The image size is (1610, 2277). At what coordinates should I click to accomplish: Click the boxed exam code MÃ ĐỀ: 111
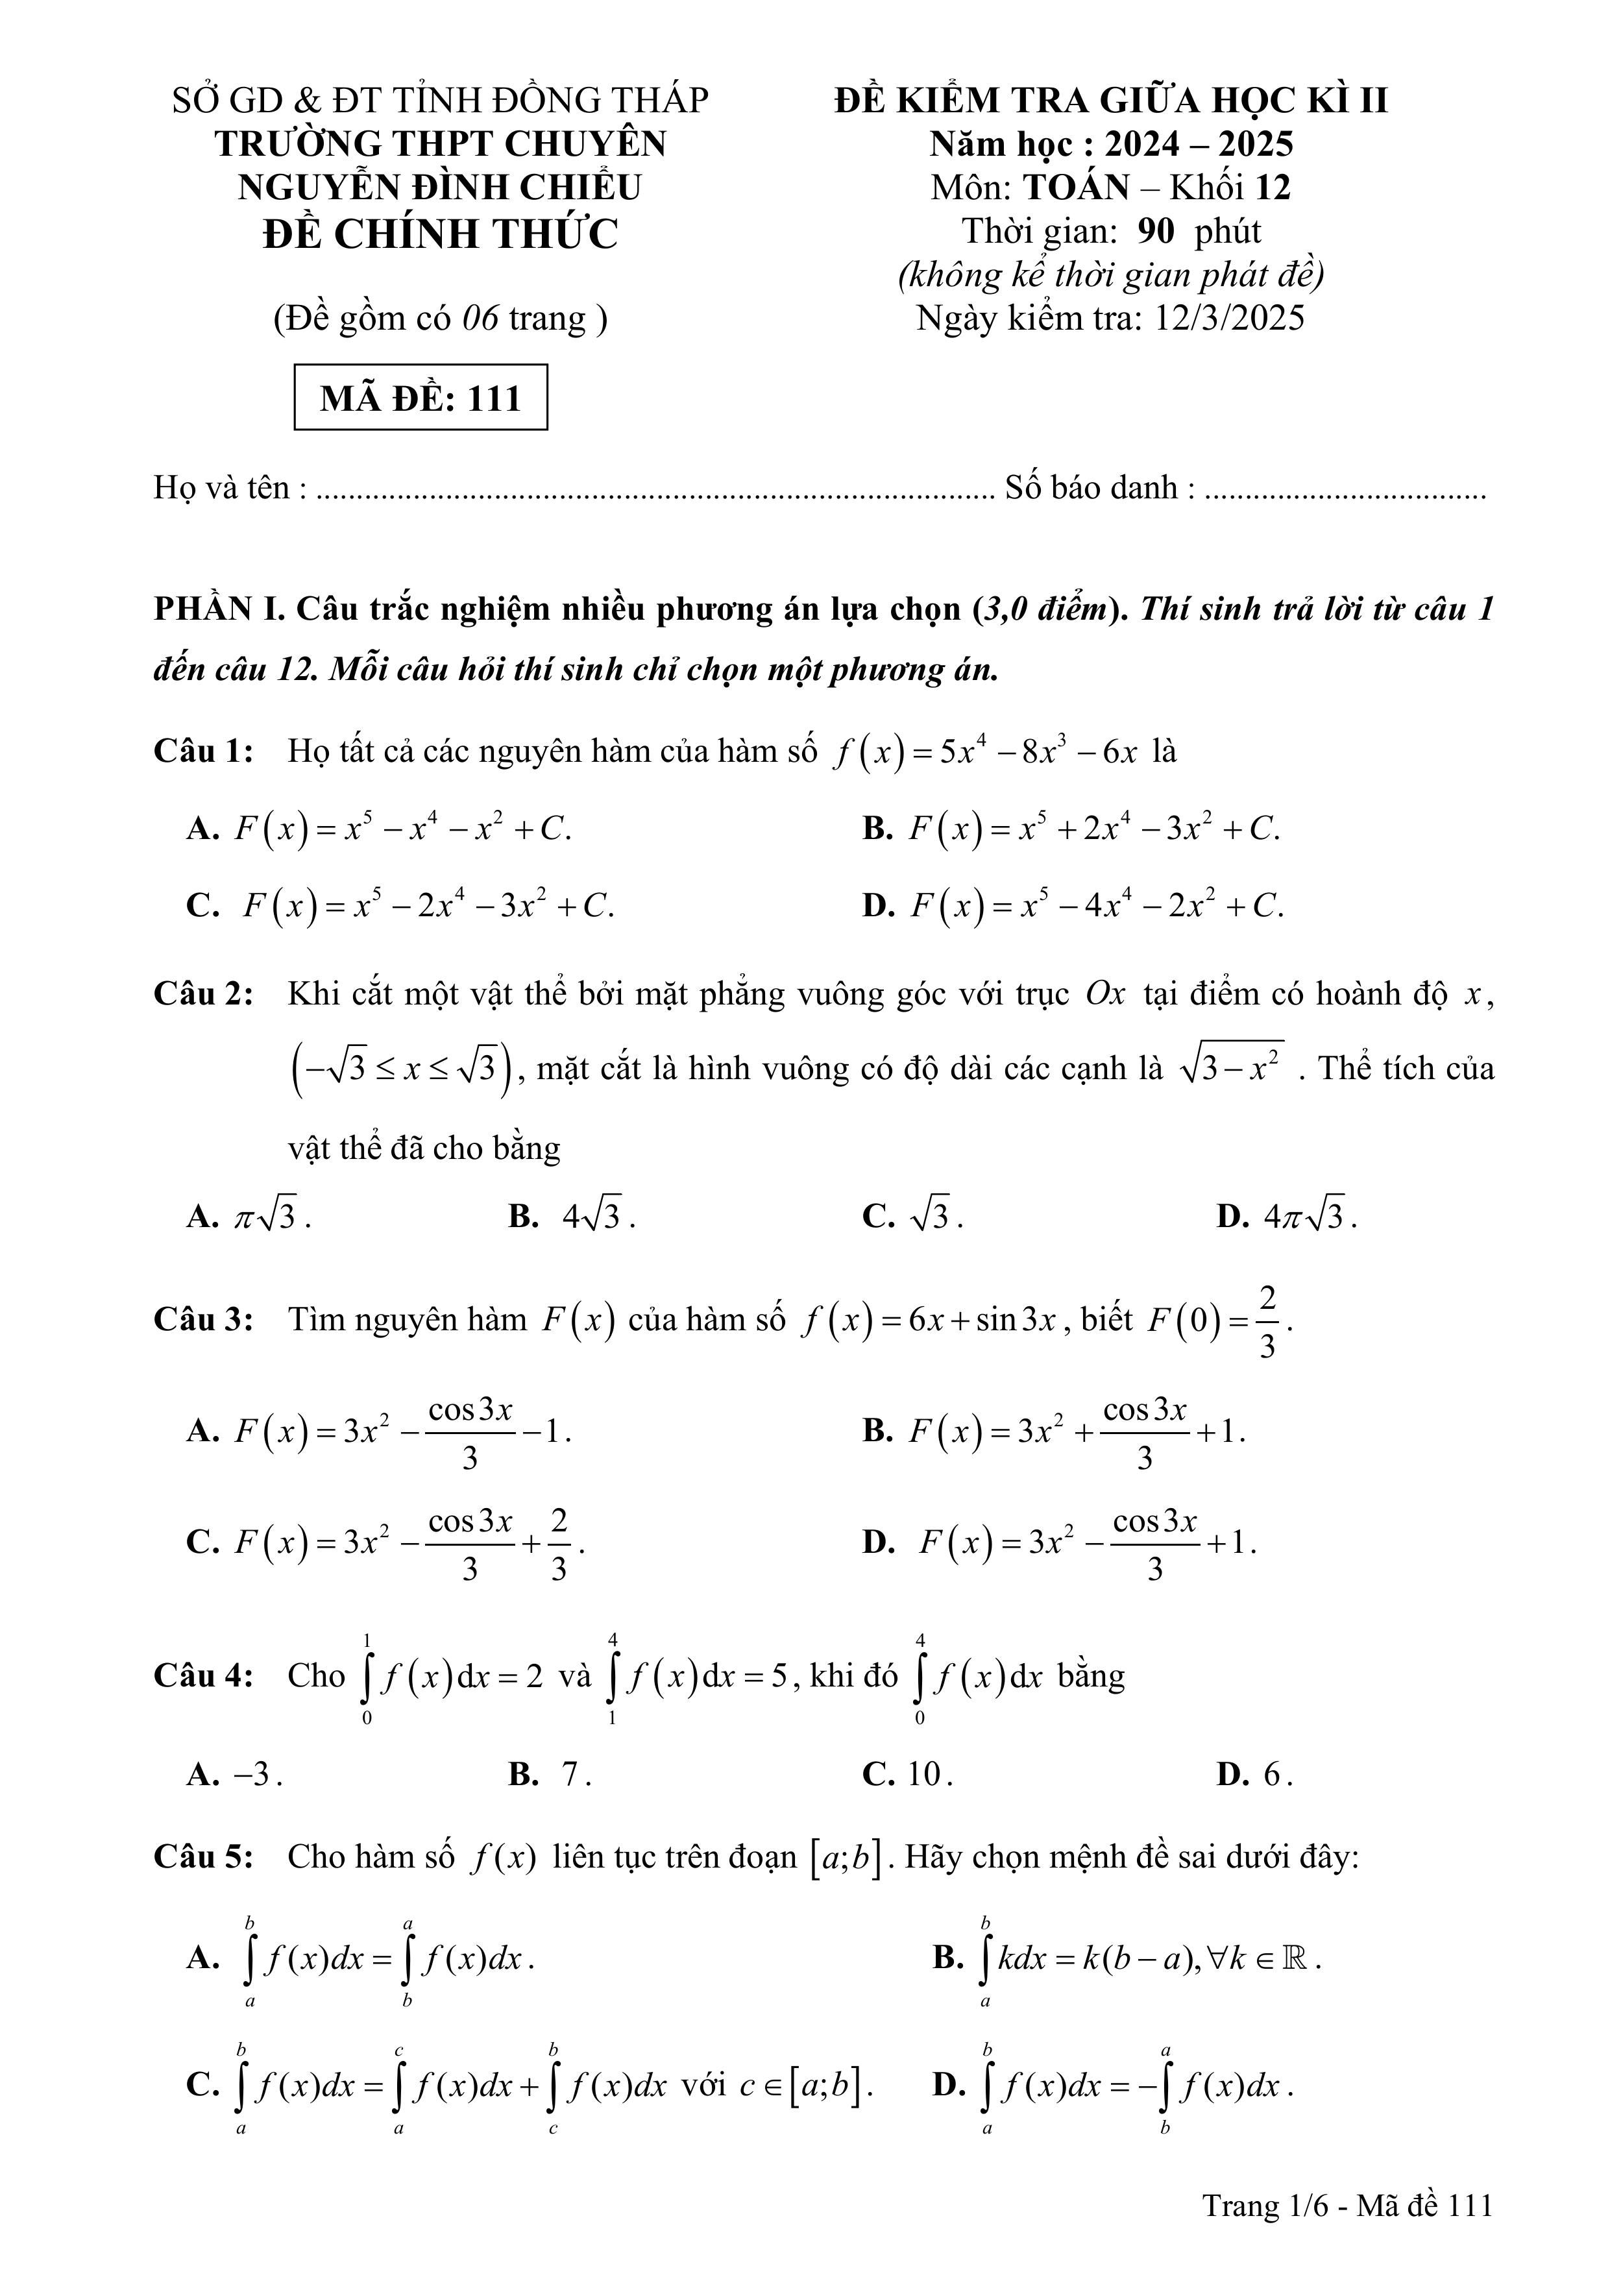(x=421, y=398)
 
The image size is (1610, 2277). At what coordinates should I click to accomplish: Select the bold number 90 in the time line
(x=1156, y=231)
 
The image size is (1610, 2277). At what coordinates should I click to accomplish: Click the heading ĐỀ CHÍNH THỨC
(x=441, y=234)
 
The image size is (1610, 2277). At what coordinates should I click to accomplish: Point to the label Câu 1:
(x=203, y=751)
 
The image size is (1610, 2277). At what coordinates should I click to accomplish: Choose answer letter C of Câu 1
(x=202, y=905)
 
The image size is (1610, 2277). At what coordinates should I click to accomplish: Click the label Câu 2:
(x=203, y=993)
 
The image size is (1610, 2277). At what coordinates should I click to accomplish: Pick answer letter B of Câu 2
(x=524, y=1216)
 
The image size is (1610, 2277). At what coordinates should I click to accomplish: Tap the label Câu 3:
(x=203, y=1319)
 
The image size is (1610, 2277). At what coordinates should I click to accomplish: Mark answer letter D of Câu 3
(x=879, y=1542)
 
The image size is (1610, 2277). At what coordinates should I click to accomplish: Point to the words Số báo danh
(x=1092, y=488)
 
